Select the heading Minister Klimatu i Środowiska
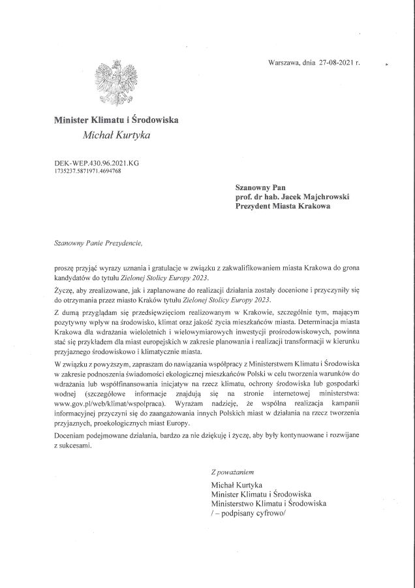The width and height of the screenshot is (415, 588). pos(116,120)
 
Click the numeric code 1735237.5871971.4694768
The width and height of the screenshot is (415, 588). pos(88,171)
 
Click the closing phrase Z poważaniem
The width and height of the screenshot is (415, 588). pos(232,471)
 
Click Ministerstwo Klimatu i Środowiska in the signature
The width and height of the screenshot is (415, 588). pos(268,504)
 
